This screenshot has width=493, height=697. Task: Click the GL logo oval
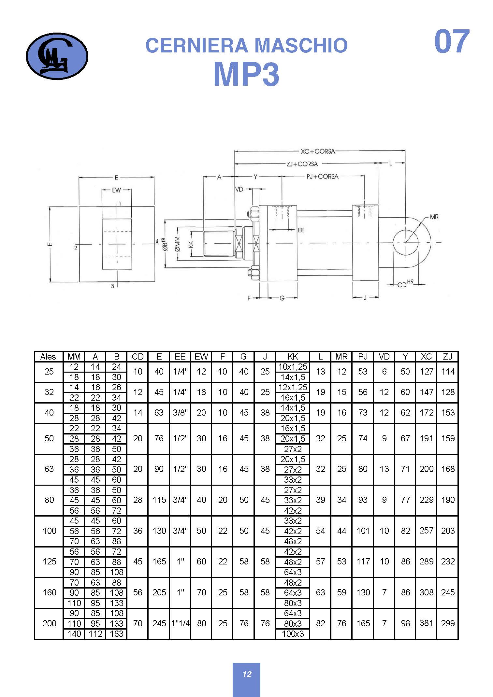coord(57,56)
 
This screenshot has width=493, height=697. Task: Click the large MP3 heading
coord(247,74)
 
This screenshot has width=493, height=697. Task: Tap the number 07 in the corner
coord(452,41)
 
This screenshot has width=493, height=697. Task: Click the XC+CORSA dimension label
coord(318,151)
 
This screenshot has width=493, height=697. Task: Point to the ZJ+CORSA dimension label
coord(302,164)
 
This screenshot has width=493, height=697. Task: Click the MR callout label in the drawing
coord(434,217)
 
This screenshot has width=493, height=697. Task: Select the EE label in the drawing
coord(301,230)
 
